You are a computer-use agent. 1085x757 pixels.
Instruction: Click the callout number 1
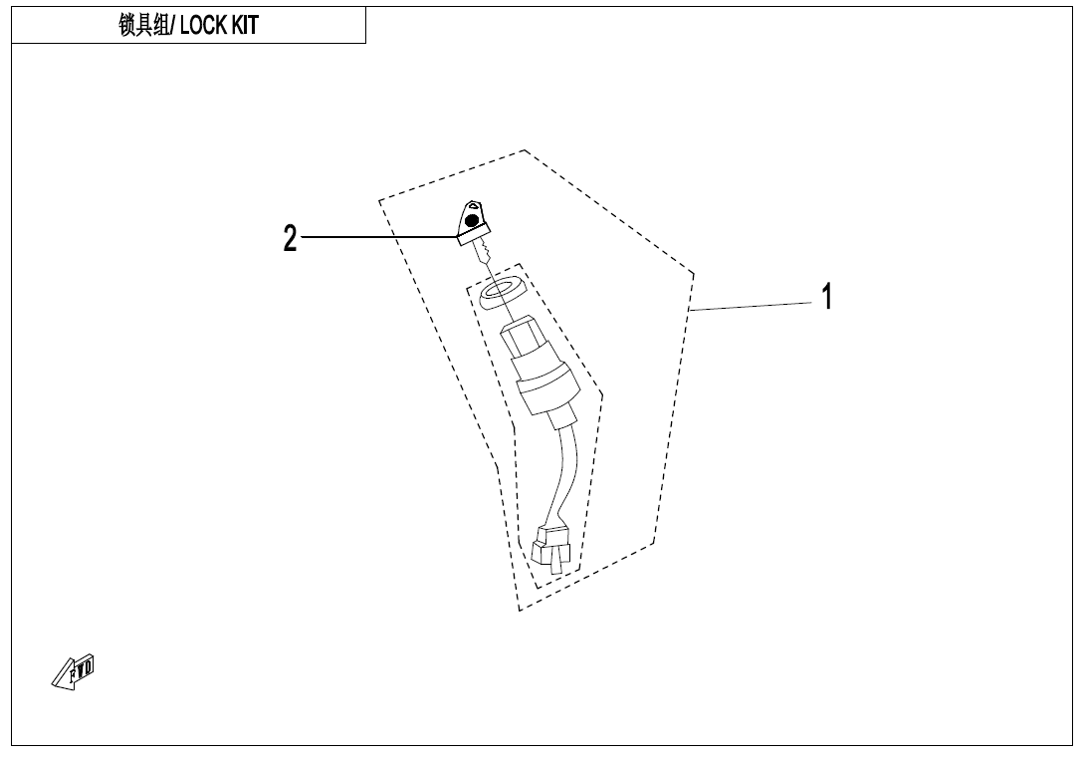825,297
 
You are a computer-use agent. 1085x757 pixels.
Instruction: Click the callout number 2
290,238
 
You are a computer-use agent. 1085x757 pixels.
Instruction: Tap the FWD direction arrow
73,672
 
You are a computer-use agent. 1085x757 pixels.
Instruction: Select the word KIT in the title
245,26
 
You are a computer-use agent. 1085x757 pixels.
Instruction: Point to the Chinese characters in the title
145,26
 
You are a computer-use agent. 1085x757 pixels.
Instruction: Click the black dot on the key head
473,222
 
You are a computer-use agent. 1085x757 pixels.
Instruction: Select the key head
470,220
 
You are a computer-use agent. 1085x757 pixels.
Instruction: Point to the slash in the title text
173,26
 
